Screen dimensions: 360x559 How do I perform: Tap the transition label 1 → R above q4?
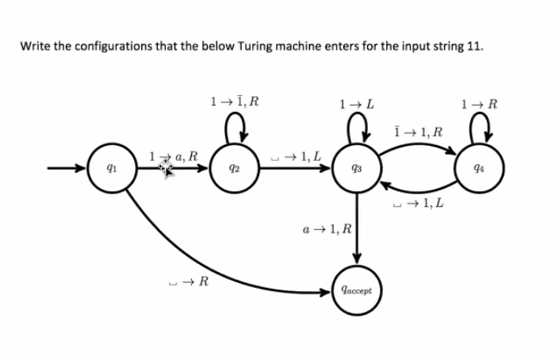[x=484, y=103]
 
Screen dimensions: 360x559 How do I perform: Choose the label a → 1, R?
[x=327, y=230]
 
